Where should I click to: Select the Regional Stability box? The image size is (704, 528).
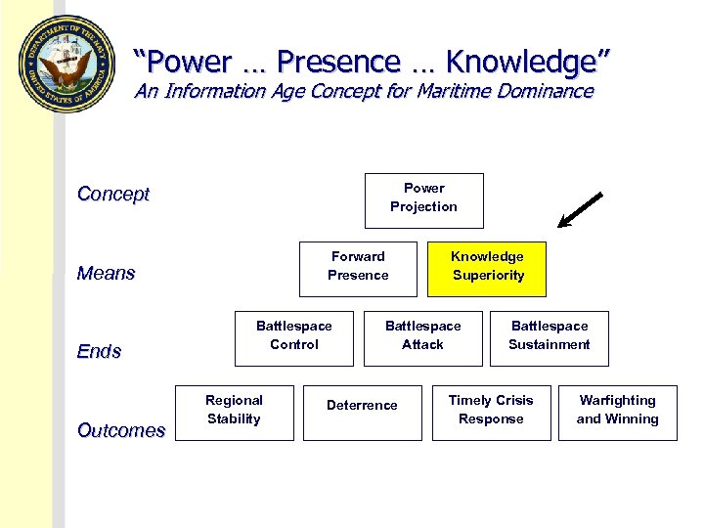234,412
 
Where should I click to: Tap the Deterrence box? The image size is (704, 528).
362,412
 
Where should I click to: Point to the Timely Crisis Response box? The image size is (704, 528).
491,412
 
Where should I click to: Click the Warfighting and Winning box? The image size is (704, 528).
617,412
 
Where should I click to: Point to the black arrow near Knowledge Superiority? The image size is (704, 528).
580,210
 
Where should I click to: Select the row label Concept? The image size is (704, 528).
113,194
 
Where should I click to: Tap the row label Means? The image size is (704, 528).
106,273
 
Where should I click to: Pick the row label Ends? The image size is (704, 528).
99,351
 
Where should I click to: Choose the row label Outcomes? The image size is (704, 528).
121,430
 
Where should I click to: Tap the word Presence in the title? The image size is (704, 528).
338,62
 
